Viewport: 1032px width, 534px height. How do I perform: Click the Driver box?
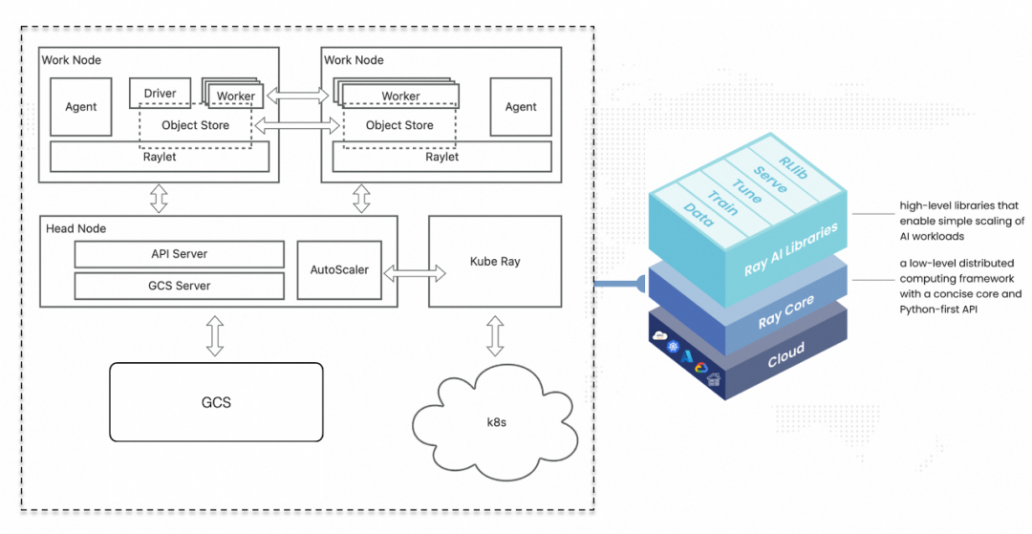pyautogui.click(x=160, y=93)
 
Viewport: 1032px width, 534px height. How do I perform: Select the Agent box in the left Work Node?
pyautogui.click(x=81, y=107)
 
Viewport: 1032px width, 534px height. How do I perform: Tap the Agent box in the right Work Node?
pyautogui.click(x=521, y=107)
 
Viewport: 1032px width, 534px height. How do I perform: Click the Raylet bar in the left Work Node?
pyautogui.click(x=158, y=157)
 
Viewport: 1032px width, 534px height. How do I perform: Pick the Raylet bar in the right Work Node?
pyautogui.click(x=441, y=157)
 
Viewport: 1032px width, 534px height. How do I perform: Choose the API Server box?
pyautogui.click(x=180, y=254)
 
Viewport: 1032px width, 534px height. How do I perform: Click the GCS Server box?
pyautogui.click(x=180, y=285)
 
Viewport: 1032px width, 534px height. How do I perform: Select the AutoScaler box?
pyautogui.click(x=339, y=270)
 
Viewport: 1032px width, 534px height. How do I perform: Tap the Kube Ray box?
pyautogui.click(x=495, y=261)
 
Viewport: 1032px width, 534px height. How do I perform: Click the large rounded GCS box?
pyautogui.click(x=216, y=402)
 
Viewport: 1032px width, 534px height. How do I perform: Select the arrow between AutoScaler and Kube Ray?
pyautogui.click(x=413, y=272)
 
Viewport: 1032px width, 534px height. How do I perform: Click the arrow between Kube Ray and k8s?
pyautogui.click(x=495, y=336)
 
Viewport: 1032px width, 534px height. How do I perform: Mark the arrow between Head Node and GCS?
pyautogui.click(x=216, y=335)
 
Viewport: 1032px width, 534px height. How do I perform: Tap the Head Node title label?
pyautogui.click(x=75, y=228)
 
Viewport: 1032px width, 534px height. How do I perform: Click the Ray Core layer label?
pyautogui.click(x=785, y=312)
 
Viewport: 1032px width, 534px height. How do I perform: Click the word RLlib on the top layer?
pyautogui.click(x=792, y=159)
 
